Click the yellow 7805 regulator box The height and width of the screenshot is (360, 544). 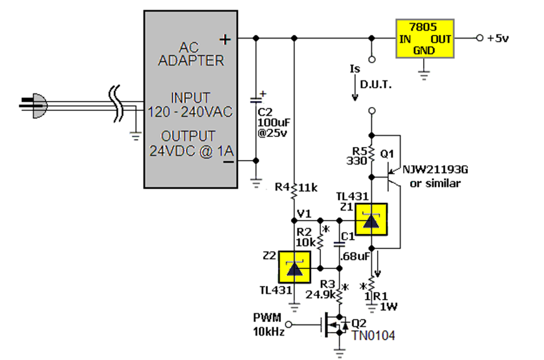[x=425, y=39]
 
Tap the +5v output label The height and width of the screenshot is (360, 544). [x=498, y=38]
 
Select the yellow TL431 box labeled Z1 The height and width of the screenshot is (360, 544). [x=371, y=219]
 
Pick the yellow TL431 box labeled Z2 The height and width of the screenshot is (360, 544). [x=295, y=267]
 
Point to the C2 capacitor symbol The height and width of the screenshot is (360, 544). [x=256, y=100]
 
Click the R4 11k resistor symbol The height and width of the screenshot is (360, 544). [x=294, y=191]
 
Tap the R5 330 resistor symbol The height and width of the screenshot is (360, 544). [x=371, y=154]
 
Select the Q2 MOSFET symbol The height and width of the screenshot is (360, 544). [x=336, y=324]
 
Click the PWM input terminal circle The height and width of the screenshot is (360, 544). [x=289, y=324]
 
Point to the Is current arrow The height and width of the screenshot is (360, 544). [x=355, y=88]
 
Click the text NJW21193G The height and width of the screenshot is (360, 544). [x=436, y=169]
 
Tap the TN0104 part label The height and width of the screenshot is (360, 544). [x=373, y=335]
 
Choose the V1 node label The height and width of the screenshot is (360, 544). [x=304, y=214]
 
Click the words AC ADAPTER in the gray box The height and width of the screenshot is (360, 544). [x=191, y=54]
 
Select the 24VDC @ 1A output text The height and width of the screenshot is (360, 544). [x=191, y=151]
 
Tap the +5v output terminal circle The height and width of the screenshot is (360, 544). [x=479, y=38]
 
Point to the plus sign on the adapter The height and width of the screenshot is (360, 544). [x=225, y=39]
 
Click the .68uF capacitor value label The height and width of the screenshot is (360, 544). [x=355, y=257]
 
